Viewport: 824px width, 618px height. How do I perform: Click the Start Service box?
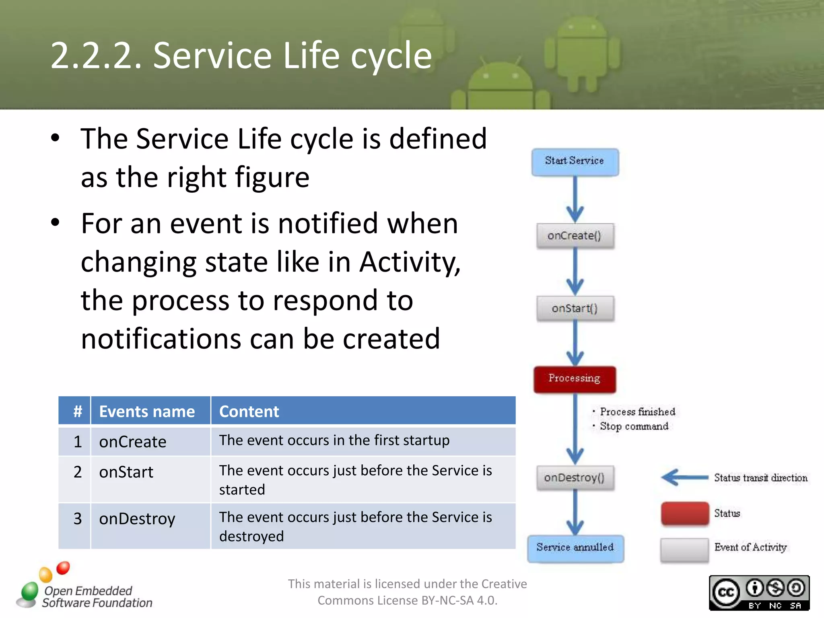click(575, 162)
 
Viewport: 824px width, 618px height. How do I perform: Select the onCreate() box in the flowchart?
click(575, 236)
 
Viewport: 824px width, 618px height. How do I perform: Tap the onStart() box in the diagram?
click(575, 309)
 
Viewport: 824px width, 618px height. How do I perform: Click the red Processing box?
click(575, 379)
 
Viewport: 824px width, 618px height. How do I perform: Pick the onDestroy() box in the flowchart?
click(575, 478)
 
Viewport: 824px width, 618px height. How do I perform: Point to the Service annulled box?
click(575, 548)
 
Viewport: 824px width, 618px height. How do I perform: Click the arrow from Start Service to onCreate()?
click(575, 200)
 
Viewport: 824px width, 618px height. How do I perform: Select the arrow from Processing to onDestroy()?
click(575, 428)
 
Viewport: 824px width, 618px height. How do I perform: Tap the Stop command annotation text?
click(634, 426)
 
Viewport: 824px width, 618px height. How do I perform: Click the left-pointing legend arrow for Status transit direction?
click(684, 478)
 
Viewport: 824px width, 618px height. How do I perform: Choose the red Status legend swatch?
click(685, 513)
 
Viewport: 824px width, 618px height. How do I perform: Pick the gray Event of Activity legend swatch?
click(685, 549)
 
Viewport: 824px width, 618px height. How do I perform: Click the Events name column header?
click(147, 411)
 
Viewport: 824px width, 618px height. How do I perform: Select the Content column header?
click(249, 411)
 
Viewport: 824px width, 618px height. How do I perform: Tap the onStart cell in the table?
click(126, 472)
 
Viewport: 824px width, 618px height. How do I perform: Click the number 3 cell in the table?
click(78, 519)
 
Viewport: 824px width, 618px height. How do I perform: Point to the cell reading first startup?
click(334, 440)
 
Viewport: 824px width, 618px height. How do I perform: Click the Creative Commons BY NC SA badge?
click(759, 593)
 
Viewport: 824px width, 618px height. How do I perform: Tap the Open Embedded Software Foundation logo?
click(84, 587)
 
